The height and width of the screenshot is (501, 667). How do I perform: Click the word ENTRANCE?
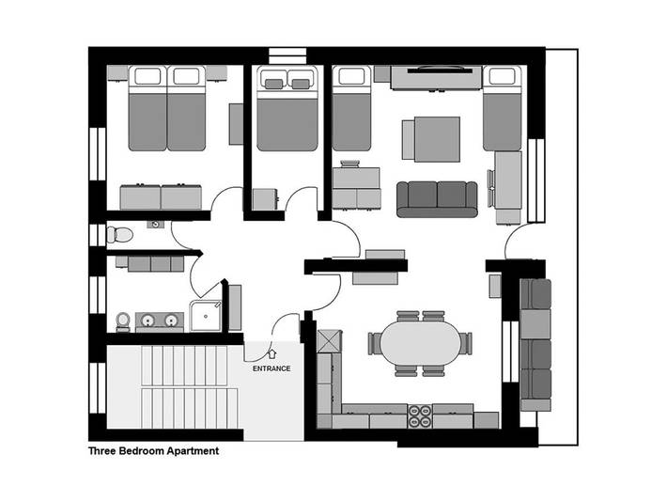[271, 368]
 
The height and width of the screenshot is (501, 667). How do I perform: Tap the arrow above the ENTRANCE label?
[271, 354]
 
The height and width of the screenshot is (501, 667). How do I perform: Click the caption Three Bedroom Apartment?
[153, 451]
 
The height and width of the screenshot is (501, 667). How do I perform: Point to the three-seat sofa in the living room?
[437, 197]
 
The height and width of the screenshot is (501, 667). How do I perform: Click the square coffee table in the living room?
[432, 138]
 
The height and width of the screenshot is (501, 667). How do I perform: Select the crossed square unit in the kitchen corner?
[330, 340]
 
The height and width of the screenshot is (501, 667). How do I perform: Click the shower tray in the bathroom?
[206, 316]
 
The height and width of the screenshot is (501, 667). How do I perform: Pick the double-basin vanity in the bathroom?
[158, 321]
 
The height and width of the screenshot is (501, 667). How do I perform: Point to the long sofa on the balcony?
[535, 343]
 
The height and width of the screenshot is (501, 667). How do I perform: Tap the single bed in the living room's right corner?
[502, 108]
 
